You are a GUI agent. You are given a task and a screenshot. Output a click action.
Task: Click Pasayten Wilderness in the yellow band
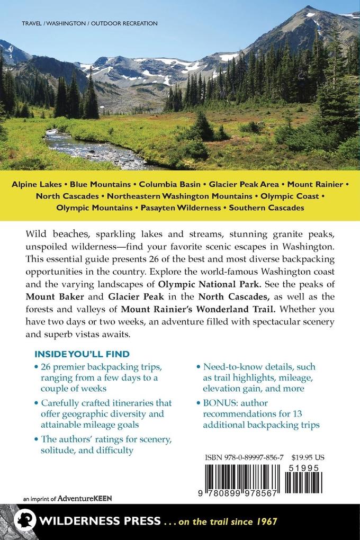pyautogui.click(x=181, y=208)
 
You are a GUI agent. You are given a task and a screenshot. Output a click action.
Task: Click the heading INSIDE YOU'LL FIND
pyautogui.click(x=82, y=354)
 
